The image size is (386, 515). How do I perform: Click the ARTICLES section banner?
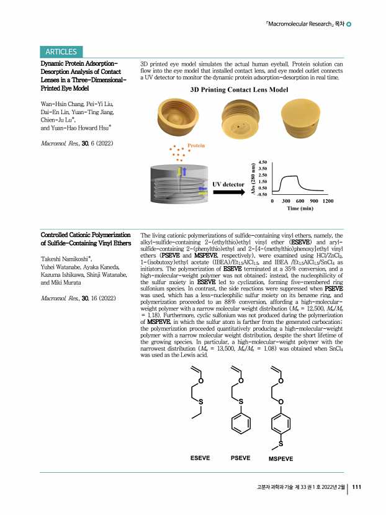60,52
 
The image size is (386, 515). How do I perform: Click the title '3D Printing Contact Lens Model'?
238,90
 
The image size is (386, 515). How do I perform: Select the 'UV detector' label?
228,184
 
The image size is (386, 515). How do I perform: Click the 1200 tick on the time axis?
328,201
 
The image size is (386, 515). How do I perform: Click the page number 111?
357,487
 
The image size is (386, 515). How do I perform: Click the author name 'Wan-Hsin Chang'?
61,102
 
